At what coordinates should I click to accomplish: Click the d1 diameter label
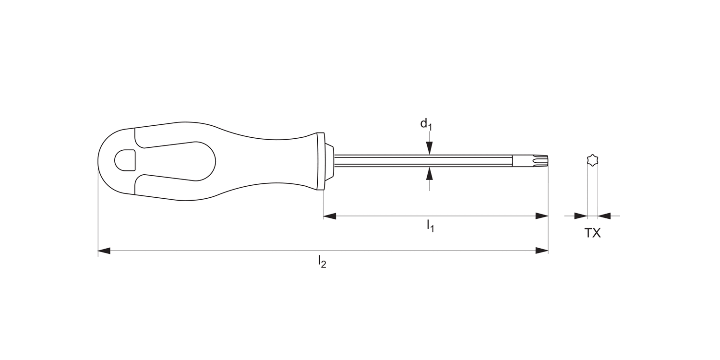point(426,124)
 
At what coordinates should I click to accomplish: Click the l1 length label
point(431,226)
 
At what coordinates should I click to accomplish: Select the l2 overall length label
point(322,262)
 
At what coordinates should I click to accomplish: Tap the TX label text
point(592,233)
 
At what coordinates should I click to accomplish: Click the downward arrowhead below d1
point(430,148)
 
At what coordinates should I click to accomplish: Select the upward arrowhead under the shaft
point(430,173)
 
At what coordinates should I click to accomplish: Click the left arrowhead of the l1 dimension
point(329,216)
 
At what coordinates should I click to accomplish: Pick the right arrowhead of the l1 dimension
point(542,216)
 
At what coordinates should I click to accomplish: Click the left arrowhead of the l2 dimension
point(104,251)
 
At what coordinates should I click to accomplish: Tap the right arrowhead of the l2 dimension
point(542,251)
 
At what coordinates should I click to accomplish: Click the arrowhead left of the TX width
point(581,216)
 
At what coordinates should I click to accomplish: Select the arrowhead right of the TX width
point(604,216)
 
